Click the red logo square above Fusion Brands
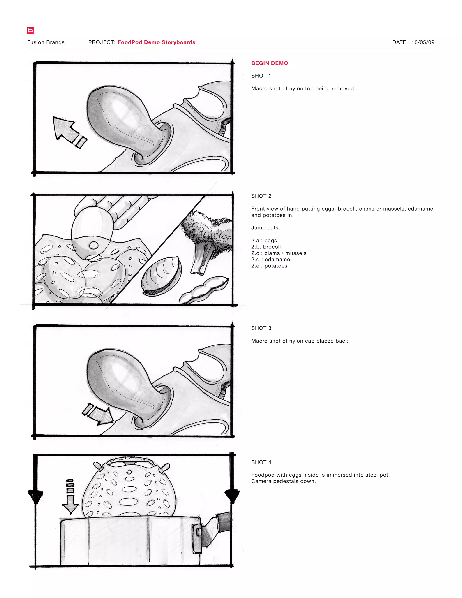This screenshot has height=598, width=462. coord(30,31)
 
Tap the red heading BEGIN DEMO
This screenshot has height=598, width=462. coord(269,63)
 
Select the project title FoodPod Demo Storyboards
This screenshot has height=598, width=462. coord(156,42)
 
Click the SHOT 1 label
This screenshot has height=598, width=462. coord(261,76)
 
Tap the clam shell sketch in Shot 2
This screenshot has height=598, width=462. coord(162,276)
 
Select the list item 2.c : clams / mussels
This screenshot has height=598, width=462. coord(279,253)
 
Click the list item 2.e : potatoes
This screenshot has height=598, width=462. coord(269,266)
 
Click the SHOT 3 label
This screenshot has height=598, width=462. coord(261,328)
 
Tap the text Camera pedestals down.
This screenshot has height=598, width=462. coord(283,481)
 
